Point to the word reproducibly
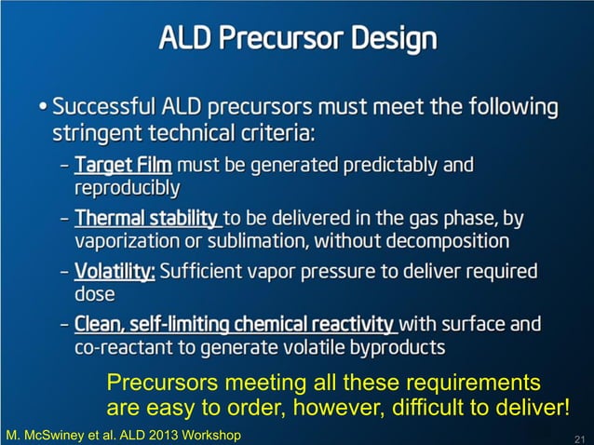coord(127,189)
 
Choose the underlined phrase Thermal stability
coord(147,220)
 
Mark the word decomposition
coord(445,242)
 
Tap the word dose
coord(94,295)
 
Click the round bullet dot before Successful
coord(45,106)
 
